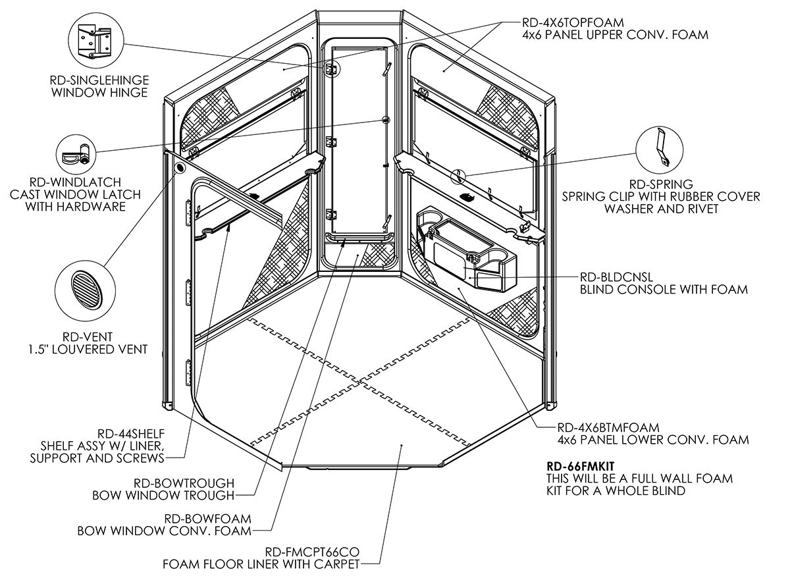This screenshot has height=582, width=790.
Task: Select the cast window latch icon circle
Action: click(76, 155)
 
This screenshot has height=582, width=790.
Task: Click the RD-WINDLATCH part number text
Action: click(75, 182)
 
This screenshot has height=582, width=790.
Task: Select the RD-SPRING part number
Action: click(661, 184)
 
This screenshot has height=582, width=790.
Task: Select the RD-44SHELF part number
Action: click(130, 434)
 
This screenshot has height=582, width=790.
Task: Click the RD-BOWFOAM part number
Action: click(208, 518)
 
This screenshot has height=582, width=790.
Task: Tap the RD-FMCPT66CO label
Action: click(312, 552)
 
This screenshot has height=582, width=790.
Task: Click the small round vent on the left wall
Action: click(178, 168)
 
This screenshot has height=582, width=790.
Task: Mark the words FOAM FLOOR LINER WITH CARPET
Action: click(262, 564)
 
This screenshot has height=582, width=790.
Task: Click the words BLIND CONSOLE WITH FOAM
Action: click(664, 289)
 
